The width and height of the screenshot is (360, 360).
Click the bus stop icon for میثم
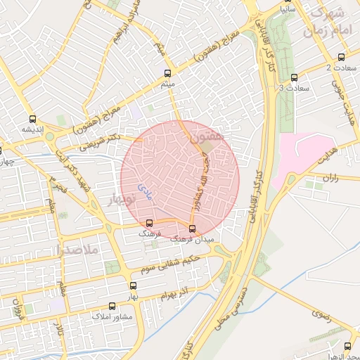167,73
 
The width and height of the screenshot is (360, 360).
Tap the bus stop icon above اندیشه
32,119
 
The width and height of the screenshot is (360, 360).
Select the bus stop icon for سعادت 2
341,58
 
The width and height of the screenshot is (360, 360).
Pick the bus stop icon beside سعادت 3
293,78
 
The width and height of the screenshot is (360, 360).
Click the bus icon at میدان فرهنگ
193,229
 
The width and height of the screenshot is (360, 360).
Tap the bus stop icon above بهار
133,285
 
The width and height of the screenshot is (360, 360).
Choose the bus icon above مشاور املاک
112,307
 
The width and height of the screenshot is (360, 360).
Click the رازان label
331,178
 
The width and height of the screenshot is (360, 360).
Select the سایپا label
288,11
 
